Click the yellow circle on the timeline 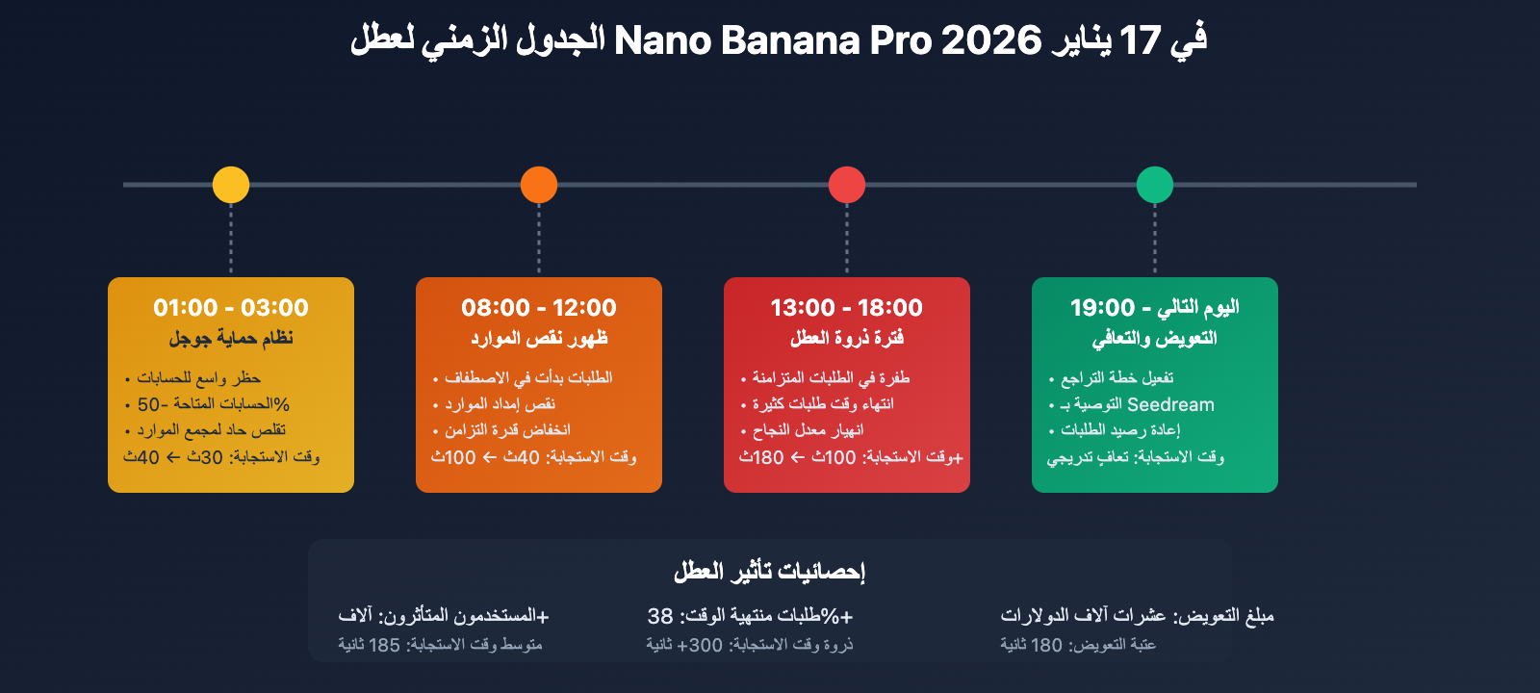point(231,185)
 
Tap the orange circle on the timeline point(539,185)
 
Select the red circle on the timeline point(847,185)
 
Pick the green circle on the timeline point(1155,185)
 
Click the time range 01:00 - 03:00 point(231,308)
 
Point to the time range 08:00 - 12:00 point(539,308)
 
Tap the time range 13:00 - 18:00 point(847,308)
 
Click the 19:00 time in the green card point(1102,308)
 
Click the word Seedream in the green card point(1170,405)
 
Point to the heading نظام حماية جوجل point(231,338)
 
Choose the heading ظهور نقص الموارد point(539,338)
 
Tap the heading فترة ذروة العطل point(847,338)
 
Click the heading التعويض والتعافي point(1155,338)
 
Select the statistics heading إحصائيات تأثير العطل point(770,572)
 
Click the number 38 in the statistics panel point(660,616)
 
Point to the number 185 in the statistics point(384,645)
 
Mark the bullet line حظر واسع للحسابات point(198,378)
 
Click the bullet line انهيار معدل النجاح point(808,430)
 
